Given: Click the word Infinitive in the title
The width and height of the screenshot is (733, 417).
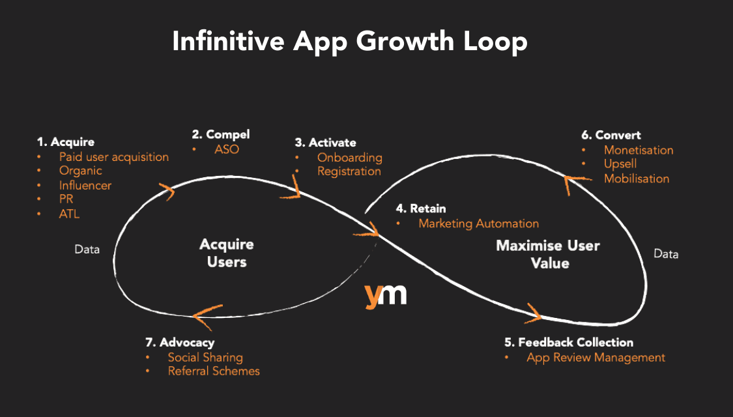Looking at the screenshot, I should pyautogui.click(x=227, y=42).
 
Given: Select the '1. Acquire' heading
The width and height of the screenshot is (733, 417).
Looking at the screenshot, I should pyautogui.click(x=65, y=141).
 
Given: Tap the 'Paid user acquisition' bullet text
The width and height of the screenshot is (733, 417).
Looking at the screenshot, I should pyautogui.click(x=113, y=157).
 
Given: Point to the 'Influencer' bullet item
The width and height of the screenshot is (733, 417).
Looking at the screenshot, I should pyautogui.click(x=85, y=185).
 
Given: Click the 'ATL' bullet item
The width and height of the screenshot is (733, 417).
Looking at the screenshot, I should pyautogui.click(x=69, y=214).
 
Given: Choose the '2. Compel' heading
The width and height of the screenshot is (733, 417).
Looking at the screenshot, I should pyautogui.click(x=220, y=134).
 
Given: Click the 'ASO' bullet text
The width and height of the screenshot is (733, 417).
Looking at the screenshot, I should pyautogui.click(x=227, y=149).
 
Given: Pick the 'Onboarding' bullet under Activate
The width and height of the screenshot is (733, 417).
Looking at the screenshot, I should pyautogui.click(x=349, y=157).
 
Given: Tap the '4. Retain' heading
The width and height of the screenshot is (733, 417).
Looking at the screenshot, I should pyautogui.click(x=421, y=208).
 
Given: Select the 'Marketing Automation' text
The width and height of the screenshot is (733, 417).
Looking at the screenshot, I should pyautogui.click(x=478, y=223).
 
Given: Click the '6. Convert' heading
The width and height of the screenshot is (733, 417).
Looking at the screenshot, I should pyautogui.click(x=611, y=135).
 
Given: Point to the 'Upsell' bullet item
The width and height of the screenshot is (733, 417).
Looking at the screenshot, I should pyautogui.click(x=620, y=164).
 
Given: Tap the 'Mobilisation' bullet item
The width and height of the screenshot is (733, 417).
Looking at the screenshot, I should pyautogui.click(x=636, y=179).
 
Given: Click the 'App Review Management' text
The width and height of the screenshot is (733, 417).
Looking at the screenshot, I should pyautogui.click(x=596, y=357).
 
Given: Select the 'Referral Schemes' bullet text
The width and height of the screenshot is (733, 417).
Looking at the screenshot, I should pyautogui.click(x=214, y=371).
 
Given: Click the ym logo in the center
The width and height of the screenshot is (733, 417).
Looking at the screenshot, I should pyautogui.click(x=386, y=295).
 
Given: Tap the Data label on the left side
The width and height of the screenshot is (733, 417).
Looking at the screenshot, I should pyautogui.click(x=87, y=249).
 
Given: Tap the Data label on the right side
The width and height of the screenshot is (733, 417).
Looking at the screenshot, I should pyautogui.click(x=666, y=254).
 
